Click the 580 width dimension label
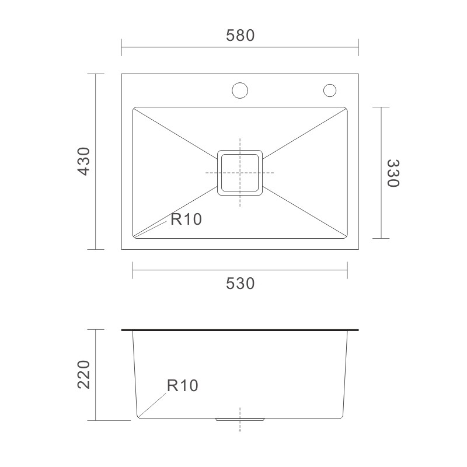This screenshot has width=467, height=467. tap(240, 35)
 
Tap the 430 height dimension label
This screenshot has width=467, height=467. tap(83, 161)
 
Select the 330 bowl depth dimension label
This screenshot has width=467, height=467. tap(393, 173)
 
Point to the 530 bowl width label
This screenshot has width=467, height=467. tap(240, 283)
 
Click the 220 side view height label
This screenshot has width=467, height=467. tap(83, 374)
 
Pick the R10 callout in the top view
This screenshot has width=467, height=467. tap(186, 219)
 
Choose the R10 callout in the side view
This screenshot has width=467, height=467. tap(183, 385)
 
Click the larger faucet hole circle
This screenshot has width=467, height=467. tap(240, 90)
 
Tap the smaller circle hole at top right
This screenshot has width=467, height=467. tap(330, 90)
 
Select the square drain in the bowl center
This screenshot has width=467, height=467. tap(240, 173)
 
